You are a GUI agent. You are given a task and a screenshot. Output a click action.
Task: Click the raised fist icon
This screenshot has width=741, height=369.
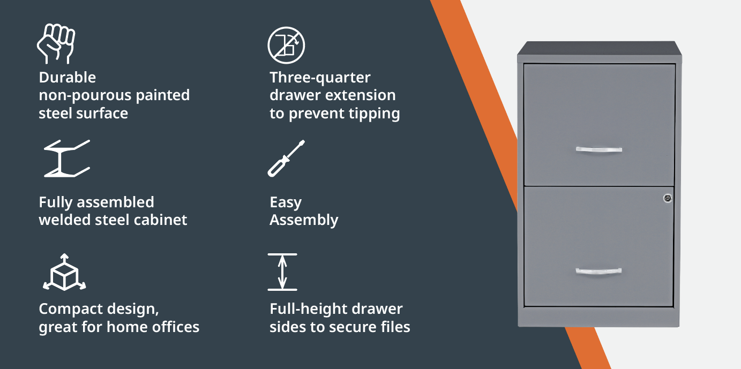(x=56, y=44)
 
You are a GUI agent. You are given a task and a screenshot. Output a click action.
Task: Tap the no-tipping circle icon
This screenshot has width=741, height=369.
(x=286, y=46)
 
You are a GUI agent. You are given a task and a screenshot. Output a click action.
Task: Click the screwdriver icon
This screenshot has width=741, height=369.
(x=286, y=159)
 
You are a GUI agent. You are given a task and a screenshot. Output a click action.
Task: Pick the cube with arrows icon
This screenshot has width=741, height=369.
(x=64, y=272)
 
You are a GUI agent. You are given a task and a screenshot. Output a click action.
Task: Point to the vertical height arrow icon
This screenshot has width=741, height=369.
(x=282, y=272)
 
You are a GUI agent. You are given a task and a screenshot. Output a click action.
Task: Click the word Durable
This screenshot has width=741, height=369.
(x=68, y=77)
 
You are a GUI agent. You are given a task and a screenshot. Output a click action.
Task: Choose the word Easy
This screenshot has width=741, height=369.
(x=286, y=202)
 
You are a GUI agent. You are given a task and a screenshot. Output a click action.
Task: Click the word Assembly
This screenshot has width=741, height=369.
(x=304, y=221)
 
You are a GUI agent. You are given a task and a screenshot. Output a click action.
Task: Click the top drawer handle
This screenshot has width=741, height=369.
(x=599, y=150)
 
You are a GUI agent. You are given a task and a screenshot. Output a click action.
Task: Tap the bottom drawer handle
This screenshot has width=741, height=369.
(x=598, y=272)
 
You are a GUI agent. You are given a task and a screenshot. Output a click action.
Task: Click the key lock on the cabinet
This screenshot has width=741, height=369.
(x=668, y=198)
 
